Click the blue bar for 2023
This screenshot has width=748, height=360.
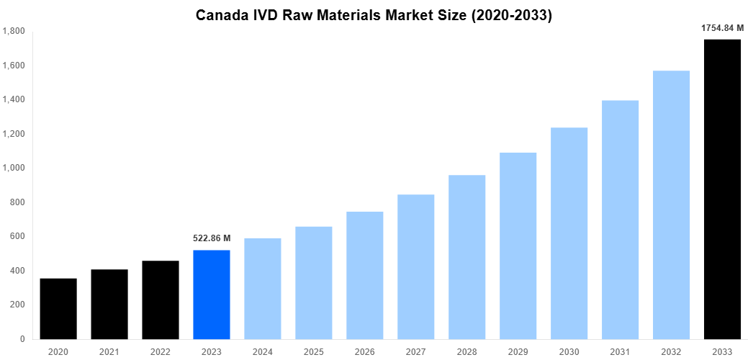click(x=212, y=294)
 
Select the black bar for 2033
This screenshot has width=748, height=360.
click(x=722, y=189)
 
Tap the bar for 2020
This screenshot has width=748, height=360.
click(x=58, y=308)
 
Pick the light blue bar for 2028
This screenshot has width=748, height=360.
click(x=467, y=257)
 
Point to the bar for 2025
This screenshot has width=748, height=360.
click(x=314, y=282)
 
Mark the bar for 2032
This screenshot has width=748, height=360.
click(x=671, y=204)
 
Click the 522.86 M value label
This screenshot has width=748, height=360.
click(x=212, y=238)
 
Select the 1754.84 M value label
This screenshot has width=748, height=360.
click(x=722, y=28)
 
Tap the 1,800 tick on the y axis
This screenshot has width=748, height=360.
click(x=14, y=32)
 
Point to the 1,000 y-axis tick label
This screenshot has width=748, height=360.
click(x=14, y=168)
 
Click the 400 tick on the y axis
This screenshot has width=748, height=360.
click(x=17, y=271)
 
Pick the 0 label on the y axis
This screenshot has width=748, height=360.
click(x=22, y=339)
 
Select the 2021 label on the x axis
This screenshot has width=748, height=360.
click(x=109, y=351)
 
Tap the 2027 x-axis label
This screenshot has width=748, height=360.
click(x=415, y=351)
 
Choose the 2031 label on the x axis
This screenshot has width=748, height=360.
click(x=620, y=351)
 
